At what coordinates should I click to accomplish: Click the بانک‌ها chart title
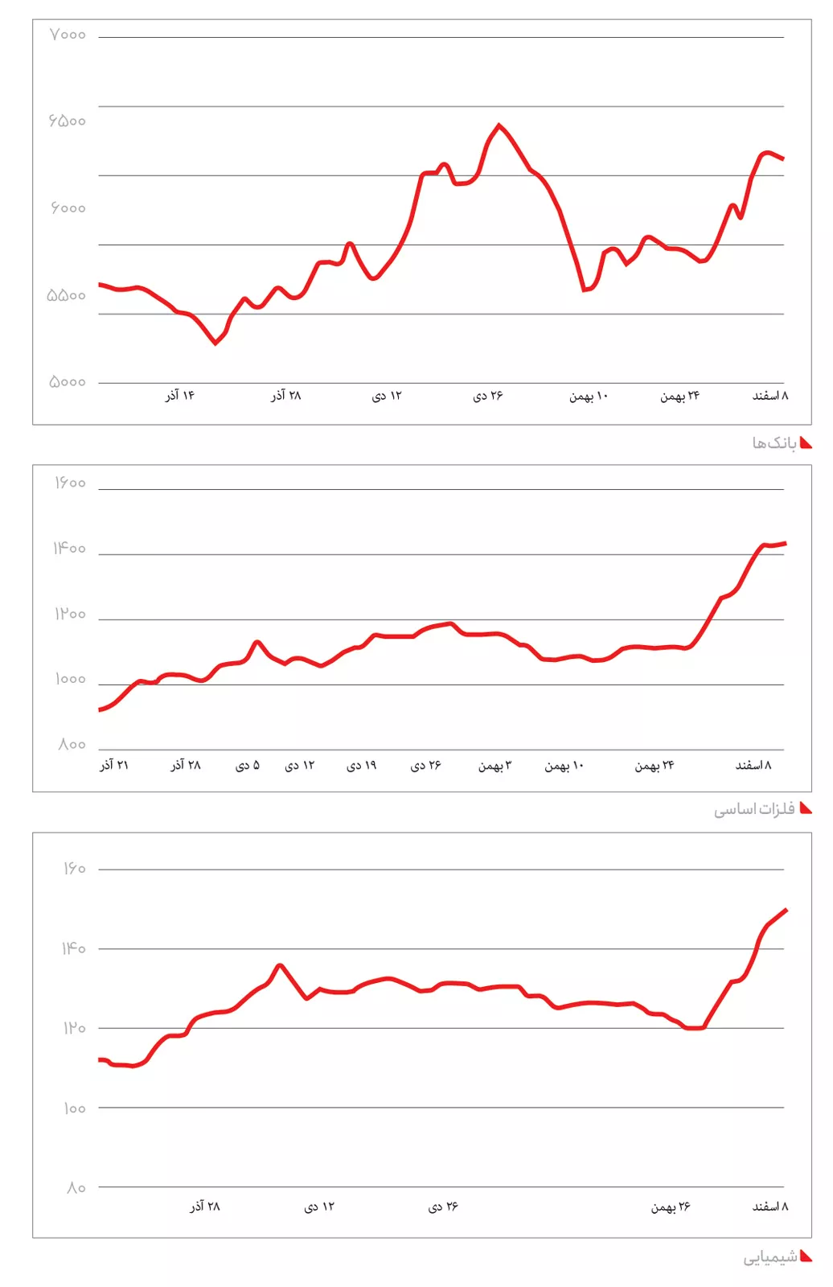click(773, 443)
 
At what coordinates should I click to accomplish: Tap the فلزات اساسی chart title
click(754, 809)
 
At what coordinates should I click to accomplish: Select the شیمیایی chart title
click(769, 1256)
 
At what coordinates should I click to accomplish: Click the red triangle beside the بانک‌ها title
click(806, 443)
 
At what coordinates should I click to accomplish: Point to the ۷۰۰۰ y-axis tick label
click(68, 35)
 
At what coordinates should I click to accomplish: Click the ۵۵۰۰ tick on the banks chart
click(67, 296)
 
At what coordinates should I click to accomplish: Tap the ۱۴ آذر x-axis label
click(180, 396)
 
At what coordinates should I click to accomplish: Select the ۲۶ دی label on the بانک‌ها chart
click(488, 396)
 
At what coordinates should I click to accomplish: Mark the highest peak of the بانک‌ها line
click(499, 125)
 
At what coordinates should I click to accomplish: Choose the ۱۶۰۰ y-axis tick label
click(70, 483)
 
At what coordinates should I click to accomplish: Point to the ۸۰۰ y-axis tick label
click(72, 745)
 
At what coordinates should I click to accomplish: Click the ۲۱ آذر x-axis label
click(114, 765)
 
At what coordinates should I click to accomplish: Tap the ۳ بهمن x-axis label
click(494, 766)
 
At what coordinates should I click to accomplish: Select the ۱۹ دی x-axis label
click(362, 766)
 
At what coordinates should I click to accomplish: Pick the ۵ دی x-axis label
click(248, 766)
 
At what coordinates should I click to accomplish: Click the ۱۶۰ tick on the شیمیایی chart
click(74, 869)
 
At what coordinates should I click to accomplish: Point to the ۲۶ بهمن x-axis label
click(671, 1207)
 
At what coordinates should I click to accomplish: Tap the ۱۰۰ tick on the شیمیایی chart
click(74, 1108)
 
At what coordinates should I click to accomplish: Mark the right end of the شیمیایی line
click(786, 910)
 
